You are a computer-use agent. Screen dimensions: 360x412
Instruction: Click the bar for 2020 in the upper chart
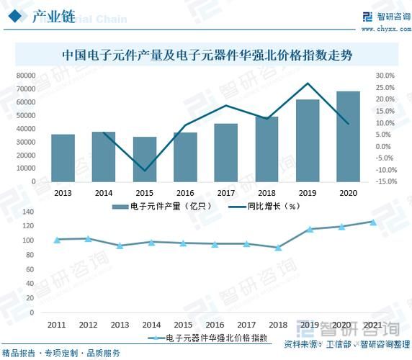pyautogui.click(x=349, y=137)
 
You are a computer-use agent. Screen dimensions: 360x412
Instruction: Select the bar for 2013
pyautogui.click(x=63, y=158)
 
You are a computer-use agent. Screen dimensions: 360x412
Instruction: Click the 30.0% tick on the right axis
pyautogui.click(x=385, y=76)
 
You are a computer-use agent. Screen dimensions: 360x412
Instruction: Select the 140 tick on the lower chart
pyautogui.click(x=29, y=212)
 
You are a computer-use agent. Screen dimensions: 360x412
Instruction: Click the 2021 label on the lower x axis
pyautogui.click(x=374, y=325)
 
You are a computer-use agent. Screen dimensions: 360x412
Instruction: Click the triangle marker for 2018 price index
pyautogui.click(x=278, y=247)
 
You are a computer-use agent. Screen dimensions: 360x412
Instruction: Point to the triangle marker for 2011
pyautogui.click(x=57, y=239)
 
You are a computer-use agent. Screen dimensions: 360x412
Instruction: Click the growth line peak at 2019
pyautogui.click(x=308, y=84)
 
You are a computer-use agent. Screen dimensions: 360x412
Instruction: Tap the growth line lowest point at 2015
pyautogui.click(x=145, y=171)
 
